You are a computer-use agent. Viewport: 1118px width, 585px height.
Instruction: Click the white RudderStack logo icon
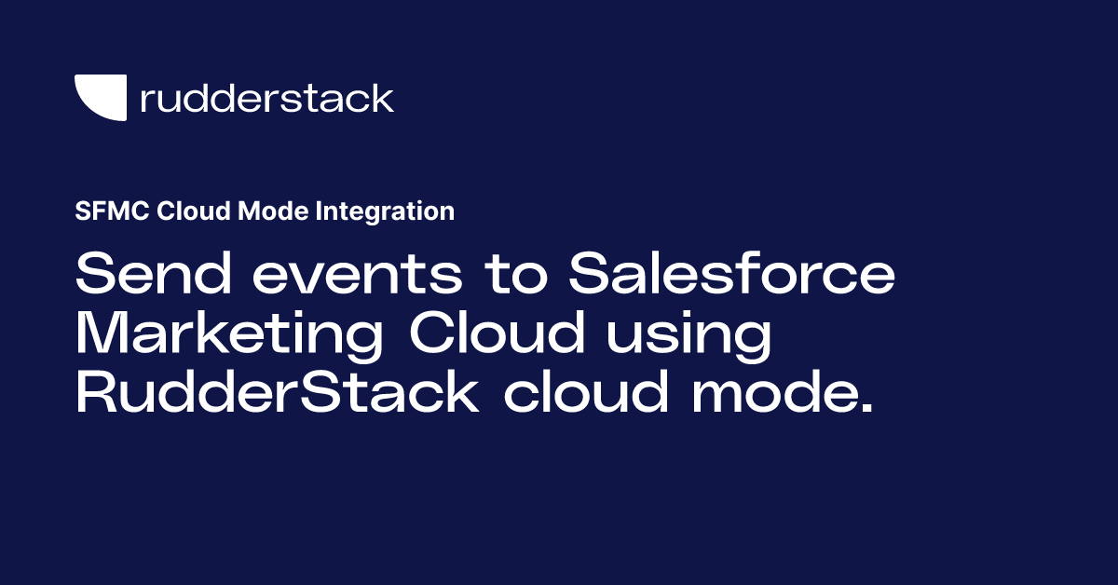click(100, 97)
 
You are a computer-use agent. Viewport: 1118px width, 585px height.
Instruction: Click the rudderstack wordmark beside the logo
click(266, 98)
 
